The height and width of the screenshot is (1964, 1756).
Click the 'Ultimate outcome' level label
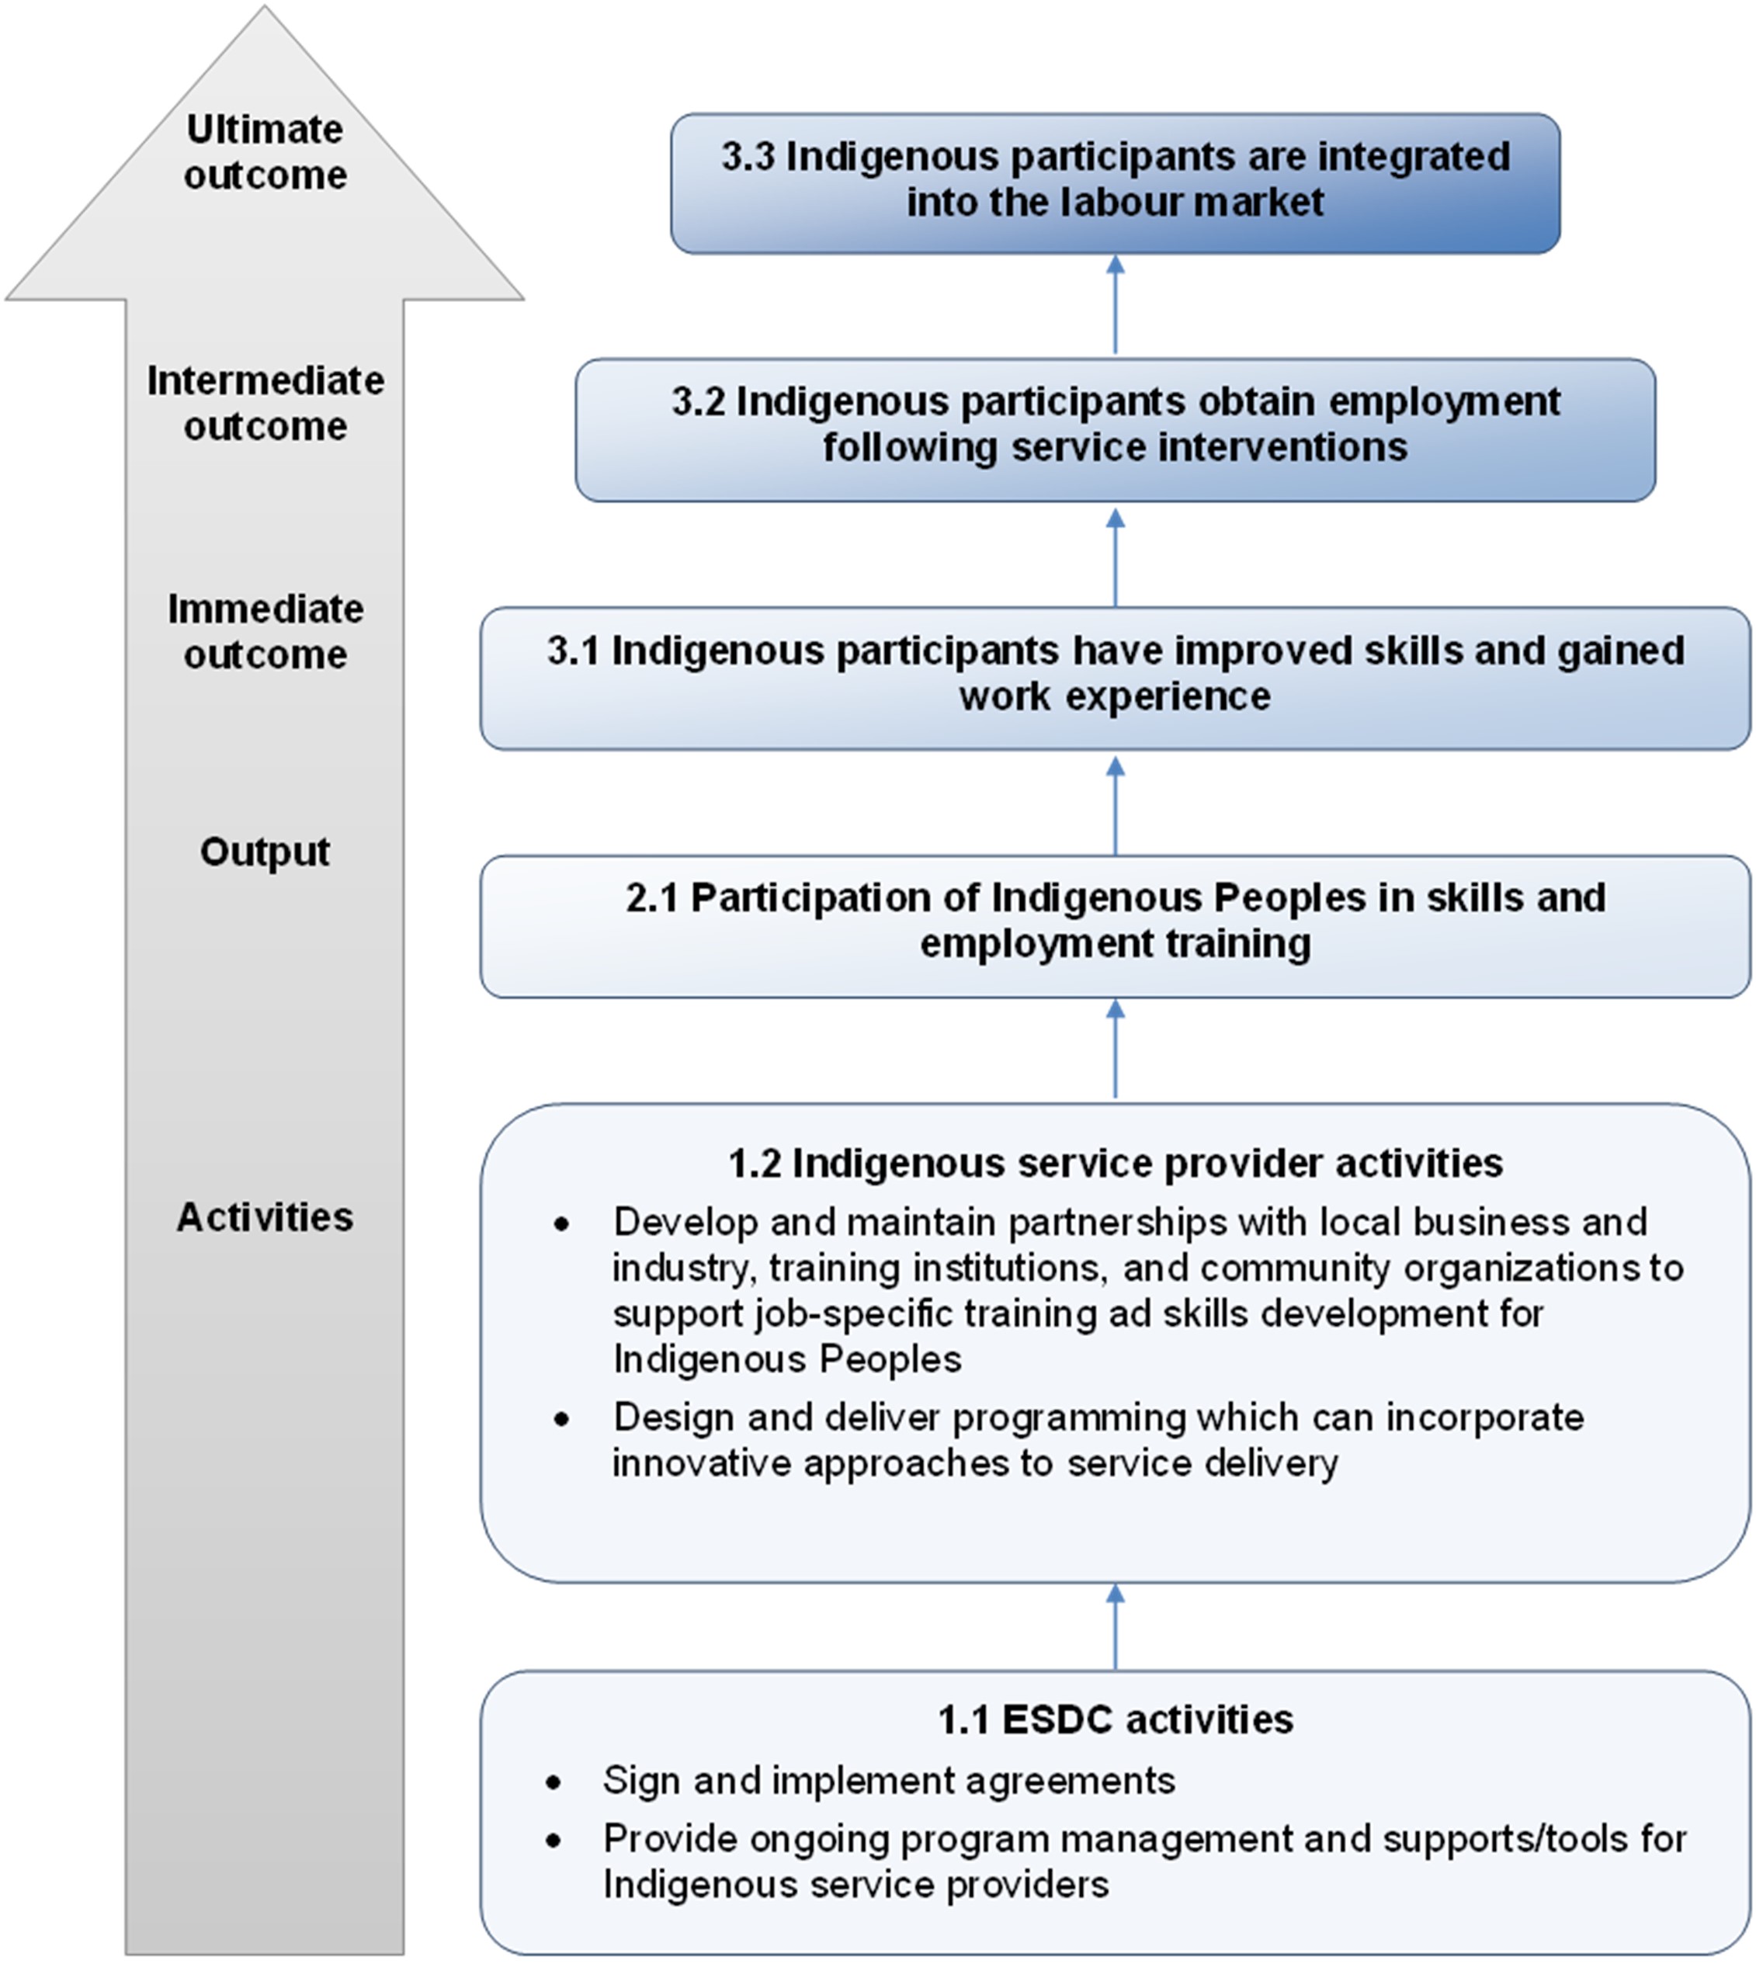tap(265, 152)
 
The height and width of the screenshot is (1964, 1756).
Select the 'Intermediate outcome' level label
tap(265, 403)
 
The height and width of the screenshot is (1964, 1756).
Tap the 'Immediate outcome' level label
tap(265, 632)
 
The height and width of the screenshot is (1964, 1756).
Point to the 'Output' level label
tap(265, 852)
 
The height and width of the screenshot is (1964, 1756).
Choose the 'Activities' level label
tap(265, 1216)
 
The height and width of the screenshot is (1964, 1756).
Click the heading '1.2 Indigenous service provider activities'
tap(1116, 1164)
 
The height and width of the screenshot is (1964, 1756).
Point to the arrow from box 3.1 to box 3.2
tap(1116, 557)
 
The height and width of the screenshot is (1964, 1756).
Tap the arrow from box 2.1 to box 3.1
tap(1116, 806)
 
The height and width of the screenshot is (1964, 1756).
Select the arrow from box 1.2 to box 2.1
tap(1116, 1049)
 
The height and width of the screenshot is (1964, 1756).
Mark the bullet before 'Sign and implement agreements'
tap(553, 1782)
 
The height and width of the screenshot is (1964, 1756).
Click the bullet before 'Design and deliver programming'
tap(561, 1419)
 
